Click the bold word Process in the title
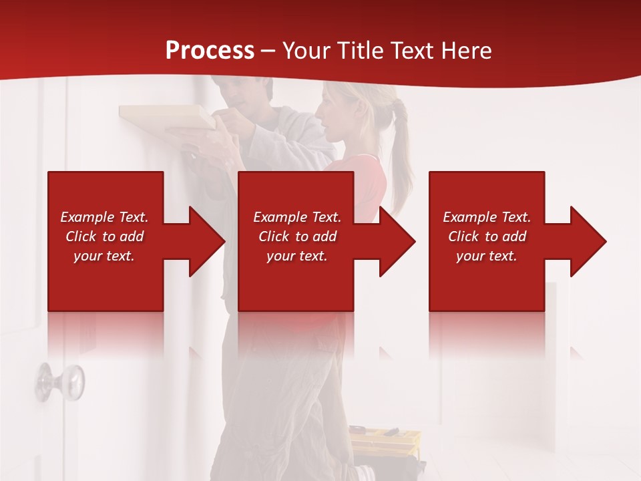210,50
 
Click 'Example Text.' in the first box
104,217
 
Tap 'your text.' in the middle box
296,256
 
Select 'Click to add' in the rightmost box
487,236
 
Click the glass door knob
61,381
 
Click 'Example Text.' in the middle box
296,217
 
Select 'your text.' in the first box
104,256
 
